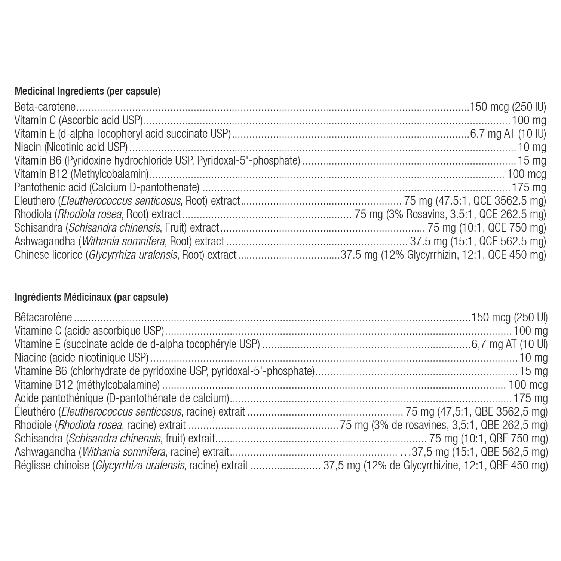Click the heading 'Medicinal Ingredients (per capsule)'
coord(88,91)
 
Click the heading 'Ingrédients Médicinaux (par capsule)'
coord(91,298)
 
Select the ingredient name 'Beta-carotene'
coord(45,107)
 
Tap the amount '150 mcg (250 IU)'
coord(508,107)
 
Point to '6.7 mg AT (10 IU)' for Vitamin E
coord(508,134)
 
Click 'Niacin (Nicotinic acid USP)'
coord(71,148)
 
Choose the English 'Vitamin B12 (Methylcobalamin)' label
coord(82,174)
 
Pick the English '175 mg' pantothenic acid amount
coord(528,188)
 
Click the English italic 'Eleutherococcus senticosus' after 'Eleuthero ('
coord(121,201)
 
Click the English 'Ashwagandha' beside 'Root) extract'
coord(45,242)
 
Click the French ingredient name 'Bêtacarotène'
coord(43,318)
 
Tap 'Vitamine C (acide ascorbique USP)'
coord(89,331)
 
